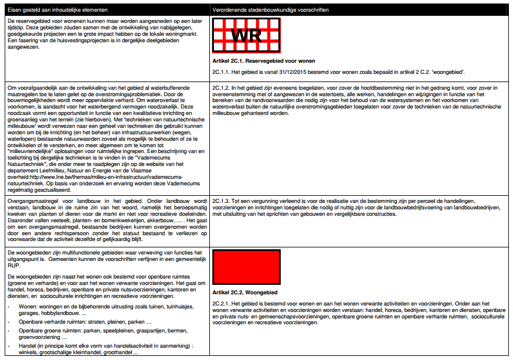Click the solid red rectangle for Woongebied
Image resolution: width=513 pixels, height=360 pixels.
pos(246,267)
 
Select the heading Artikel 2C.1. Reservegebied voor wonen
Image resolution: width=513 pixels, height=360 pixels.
pos(264,61)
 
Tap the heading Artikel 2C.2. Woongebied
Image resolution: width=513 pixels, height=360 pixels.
pos(244,292)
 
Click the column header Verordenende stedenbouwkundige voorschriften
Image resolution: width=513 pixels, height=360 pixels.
pos(270,10)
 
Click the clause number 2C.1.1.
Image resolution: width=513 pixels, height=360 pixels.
pos(222,72)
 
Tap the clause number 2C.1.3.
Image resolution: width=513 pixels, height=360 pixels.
pos(222,201)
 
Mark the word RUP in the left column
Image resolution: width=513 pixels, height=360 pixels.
pos(13,265)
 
